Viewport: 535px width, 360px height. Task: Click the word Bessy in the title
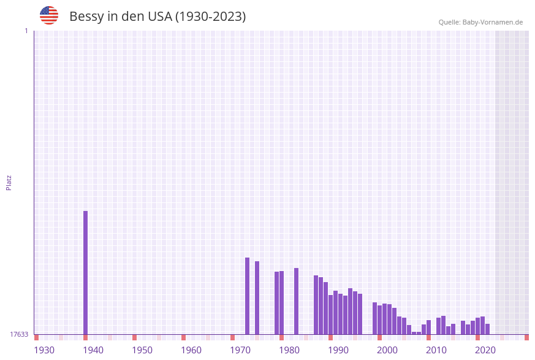[86, 17]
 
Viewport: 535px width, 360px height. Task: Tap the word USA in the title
[160, 17]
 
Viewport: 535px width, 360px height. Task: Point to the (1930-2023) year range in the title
[210, 17]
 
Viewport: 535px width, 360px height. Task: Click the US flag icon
[49, 15]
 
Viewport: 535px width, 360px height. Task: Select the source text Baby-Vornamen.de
[492, 22]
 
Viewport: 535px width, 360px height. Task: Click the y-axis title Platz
[9, 183]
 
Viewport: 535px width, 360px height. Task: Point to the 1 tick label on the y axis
[26, 31]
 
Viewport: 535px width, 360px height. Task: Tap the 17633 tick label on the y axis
[19, 334]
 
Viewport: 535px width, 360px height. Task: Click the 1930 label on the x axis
[44, 350]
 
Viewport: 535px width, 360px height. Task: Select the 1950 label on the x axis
[142, 350]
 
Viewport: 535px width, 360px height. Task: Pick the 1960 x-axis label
[191, 350]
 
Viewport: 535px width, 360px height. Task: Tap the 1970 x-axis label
[240, 350]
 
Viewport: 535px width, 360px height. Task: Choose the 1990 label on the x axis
[338, 350]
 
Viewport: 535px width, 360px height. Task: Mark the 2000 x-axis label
[387, 350]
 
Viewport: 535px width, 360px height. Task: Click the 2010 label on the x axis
[436, 350]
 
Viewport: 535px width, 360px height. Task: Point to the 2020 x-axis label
[485, 350]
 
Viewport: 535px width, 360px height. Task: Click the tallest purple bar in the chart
[85, 272]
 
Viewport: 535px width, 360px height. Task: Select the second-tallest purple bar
[247, 296]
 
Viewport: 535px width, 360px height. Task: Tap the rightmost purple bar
[487, 329]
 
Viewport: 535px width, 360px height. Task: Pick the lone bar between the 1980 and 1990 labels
[296, 301]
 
